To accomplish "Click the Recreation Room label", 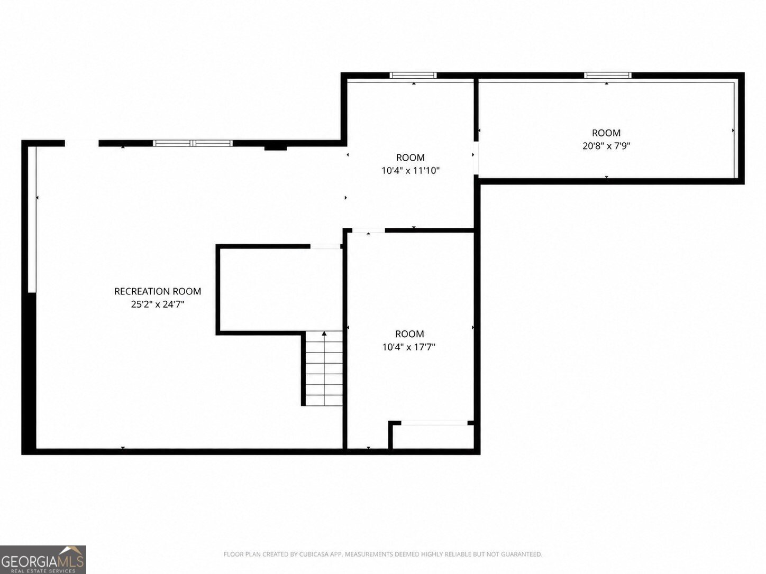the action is point(158,291).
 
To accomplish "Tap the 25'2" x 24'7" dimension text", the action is point(158,304).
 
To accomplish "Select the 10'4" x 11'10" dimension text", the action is point(411,170).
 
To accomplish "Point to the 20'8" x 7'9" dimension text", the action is point(607,146).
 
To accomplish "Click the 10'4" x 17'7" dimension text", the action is point(409,347).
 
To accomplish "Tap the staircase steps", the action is point(324,368).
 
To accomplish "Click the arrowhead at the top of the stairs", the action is point(324,334).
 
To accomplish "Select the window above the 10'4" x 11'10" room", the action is point(413,75).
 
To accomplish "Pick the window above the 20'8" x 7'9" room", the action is point(608,75).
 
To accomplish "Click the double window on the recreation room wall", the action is point(193,143).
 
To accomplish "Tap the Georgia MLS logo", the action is point(43,560).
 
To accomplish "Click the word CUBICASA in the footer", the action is point(313,554).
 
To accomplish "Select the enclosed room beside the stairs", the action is point(280,290).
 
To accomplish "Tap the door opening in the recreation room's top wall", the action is point(81,143).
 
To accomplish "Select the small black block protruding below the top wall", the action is point(275,148).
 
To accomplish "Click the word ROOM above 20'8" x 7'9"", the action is point(607,133).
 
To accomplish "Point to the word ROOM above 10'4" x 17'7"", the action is point(409,334).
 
